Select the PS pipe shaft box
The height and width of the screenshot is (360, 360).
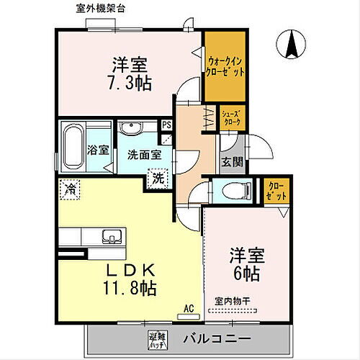point(166,125)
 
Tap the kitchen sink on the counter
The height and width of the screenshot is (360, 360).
point(112,236)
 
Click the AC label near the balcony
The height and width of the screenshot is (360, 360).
point(190,308)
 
